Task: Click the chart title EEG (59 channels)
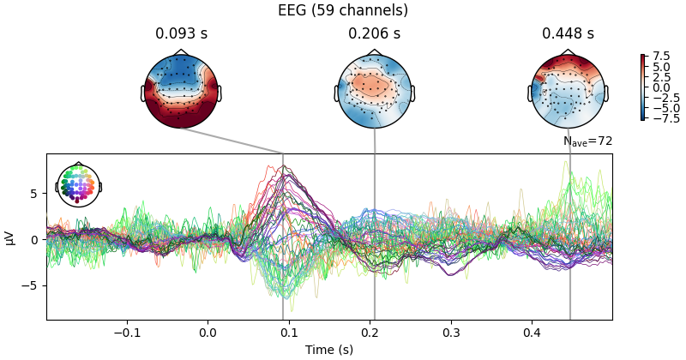click(343, 10)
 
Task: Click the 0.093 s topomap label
click(181, 34)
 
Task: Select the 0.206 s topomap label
click(374, 34)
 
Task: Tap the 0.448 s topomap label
click(568, 34)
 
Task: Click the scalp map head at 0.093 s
click(181, 91)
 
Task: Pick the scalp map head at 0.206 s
click(375, 91)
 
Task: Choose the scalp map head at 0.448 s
click(569, 91)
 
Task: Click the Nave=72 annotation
click(587, 141)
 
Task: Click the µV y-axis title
click(10, 237)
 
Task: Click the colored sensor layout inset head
click(78, 184)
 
